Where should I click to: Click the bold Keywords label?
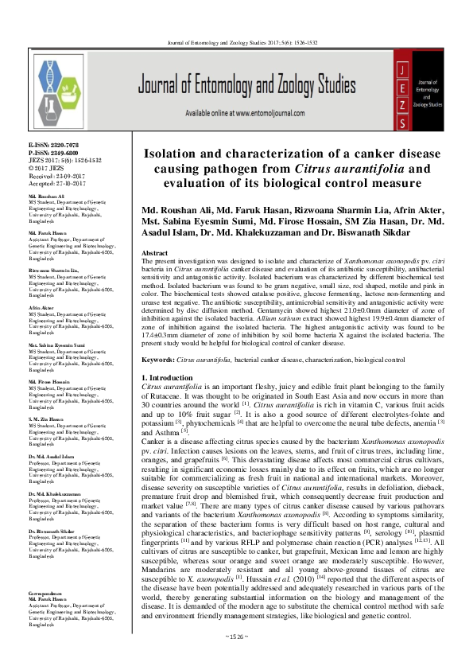tap(157, 360)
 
